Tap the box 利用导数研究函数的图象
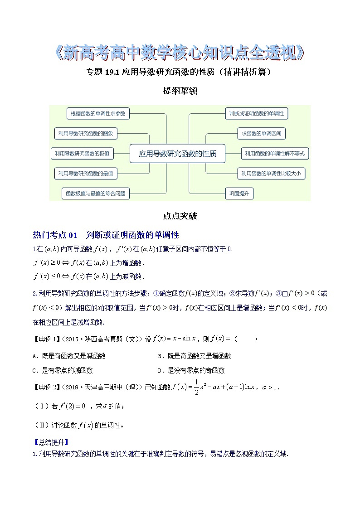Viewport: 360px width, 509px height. [x=86, y=134]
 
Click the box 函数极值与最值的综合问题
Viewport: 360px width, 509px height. [x=96, y=194]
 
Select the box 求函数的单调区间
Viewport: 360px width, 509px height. [x=261, y=134]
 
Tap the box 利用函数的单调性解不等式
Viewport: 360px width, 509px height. [x=274, y=154]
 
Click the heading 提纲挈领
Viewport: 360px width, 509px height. [x=180, y=91]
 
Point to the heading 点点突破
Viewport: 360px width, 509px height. [x=180, y=216]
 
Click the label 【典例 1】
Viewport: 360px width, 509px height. [x=46, y=339]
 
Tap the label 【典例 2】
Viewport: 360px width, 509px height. [x=46, y=387]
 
